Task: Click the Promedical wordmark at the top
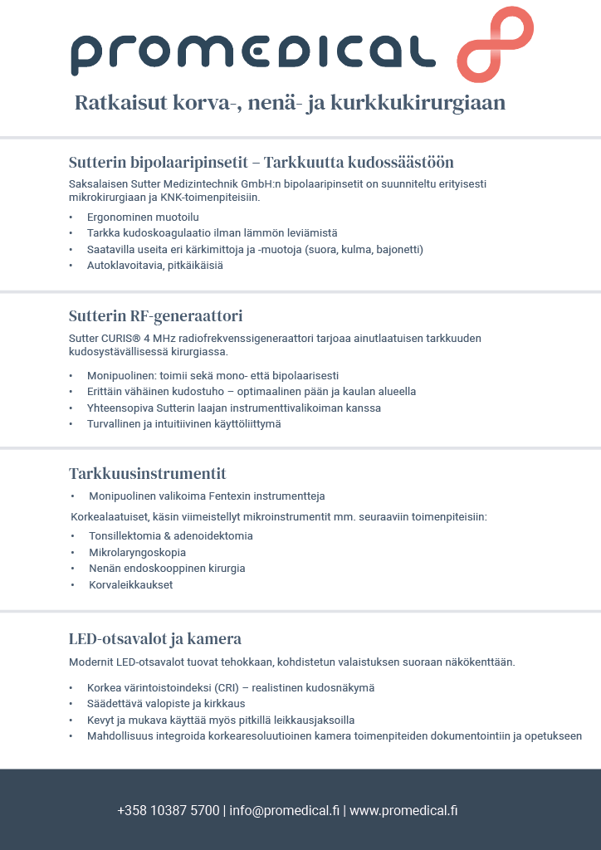pos(252,55)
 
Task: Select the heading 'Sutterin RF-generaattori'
pos(155,315)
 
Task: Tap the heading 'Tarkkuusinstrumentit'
pos(147,473)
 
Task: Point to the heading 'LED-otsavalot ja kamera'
pos(154,638)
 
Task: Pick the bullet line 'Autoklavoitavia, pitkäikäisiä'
pos(154,266)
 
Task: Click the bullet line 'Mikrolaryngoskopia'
pos(137,552)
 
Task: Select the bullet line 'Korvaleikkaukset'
pos(131,584)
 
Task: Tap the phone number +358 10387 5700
pos(169,810)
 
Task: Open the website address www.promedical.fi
pos(403,810)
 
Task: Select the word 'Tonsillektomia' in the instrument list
pos(124,535)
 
